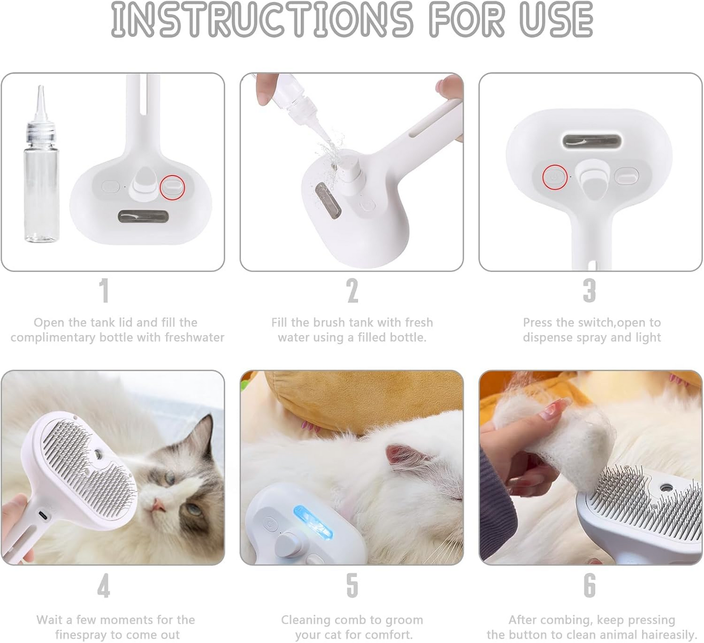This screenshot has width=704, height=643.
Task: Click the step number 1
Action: tap(104, 290)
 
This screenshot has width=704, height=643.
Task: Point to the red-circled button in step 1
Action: tap(172, 187)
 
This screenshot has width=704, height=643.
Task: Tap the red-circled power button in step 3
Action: tap(554, 177)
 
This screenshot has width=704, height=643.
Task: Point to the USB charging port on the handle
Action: tap(44, 515)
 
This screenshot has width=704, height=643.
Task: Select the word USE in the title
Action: tap(556, 19)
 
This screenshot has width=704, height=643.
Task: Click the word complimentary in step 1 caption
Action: tap(53, 338)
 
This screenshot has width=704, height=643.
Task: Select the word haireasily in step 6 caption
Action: tap(665, 635)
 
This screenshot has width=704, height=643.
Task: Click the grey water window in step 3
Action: tap(591, 141)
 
